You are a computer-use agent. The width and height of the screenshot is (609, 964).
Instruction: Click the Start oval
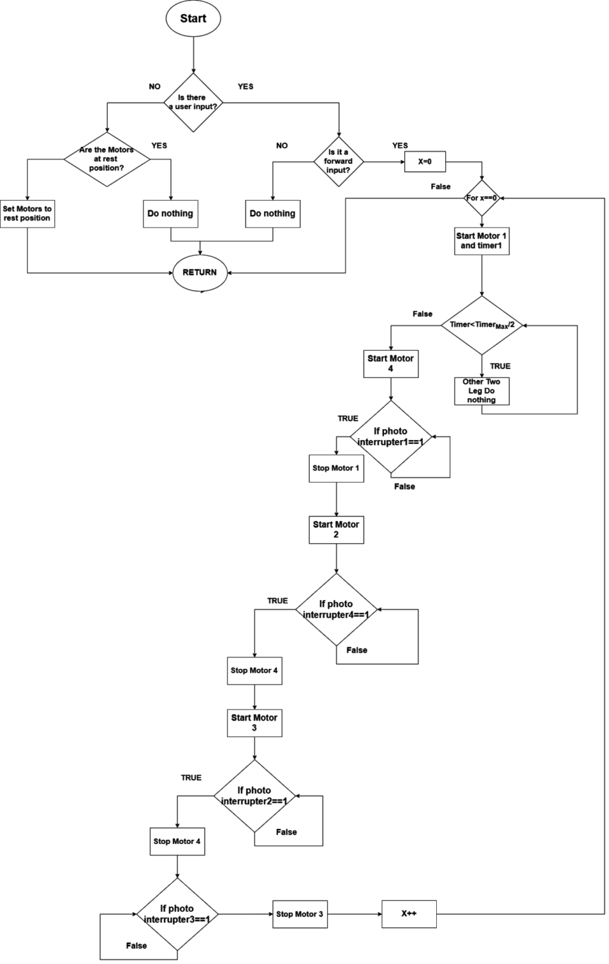(193, 19)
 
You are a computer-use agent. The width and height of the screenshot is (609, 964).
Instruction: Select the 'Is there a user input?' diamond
(193, 102)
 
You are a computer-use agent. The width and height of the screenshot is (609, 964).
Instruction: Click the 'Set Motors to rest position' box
(27, 213)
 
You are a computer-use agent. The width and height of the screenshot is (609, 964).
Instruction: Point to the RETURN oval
(200, 272)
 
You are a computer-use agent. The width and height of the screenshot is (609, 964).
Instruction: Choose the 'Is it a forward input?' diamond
(338, 161)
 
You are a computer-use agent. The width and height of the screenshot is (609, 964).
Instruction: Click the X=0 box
(425, 162)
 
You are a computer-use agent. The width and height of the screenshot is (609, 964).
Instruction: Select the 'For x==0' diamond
(482, 198)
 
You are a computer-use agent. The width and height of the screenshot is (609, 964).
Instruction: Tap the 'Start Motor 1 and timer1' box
(481, 241)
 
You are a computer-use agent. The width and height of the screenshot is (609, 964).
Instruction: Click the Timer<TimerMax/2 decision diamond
(482, 325)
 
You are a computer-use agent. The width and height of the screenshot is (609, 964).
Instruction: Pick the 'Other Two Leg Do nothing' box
(481, 391)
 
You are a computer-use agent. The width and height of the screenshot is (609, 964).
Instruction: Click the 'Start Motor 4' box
(391, 364)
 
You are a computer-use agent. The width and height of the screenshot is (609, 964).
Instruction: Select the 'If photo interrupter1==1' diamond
(391, 437)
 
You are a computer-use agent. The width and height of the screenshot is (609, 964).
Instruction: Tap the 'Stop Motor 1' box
(336, 469)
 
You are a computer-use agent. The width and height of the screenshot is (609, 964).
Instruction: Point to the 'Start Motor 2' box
(336, 530)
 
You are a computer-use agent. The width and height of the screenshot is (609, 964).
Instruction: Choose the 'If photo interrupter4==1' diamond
(336, 609)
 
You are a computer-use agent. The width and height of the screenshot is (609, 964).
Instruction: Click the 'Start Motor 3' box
(254, 722)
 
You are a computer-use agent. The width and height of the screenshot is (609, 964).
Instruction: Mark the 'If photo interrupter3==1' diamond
(177, 914)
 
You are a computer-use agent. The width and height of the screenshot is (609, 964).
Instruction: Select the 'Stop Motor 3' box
(299, 915)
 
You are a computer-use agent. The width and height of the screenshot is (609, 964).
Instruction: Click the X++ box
(409, 914)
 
